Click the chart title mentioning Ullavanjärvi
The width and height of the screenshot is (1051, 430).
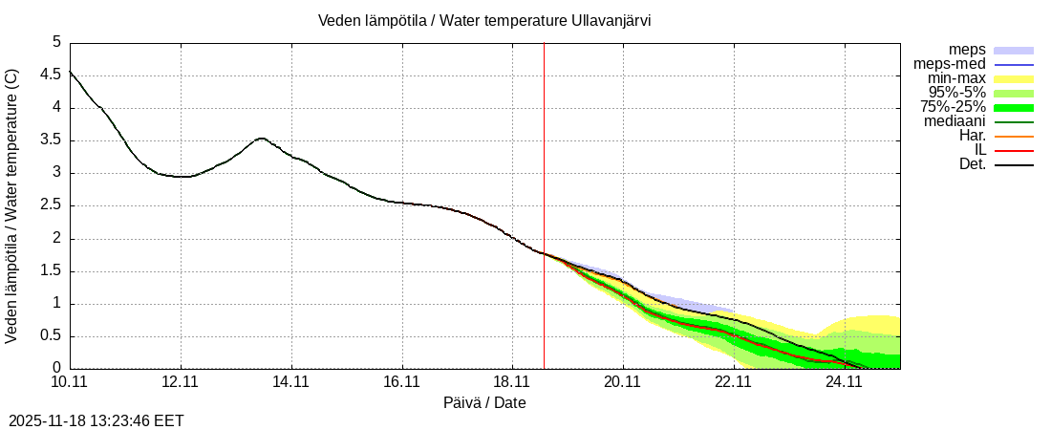point(484,20)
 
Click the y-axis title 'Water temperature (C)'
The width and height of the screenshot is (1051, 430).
point(11,206)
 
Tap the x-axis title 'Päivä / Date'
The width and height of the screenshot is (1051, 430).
point(484,402)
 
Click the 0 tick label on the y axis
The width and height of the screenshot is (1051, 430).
point(56,369)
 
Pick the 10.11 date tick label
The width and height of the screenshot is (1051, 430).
point(70,381)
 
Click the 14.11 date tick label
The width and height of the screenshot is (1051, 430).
point(291,381)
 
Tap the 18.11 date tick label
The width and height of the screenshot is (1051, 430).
point(512,381)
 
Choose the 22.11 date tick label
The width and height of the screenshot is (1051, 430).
point(734,381)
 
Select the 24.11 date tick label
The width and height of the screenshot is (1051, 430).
point(844,381)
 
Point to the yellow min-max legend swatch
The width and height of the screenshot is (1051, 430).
point(1014,78)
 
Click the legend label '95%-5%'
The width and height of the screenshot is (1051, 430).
point(956,93)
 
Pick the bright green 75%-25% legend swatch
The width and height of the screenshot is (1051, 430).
point(1014,107)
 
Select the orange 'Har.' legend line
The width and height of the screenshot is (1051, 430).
point(1014,136)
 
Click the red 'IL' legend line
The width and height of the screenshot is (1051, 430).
point(1014,150)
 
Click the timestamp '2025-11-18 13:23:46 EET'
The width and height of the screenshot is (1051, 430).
point(97,420)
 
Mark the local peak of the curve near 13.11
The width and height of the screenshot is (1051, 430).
point(262,139)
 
